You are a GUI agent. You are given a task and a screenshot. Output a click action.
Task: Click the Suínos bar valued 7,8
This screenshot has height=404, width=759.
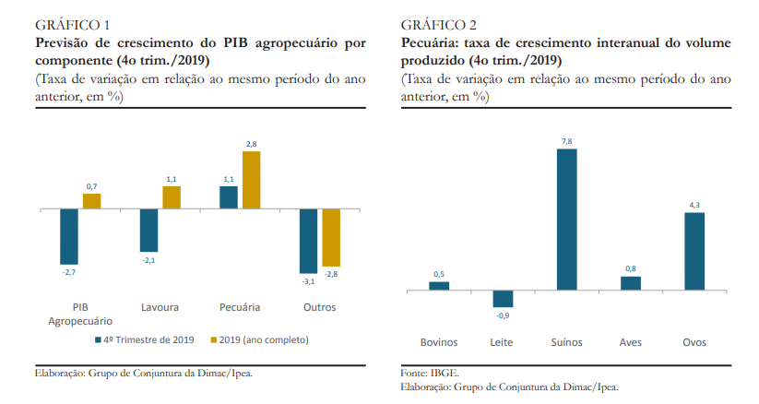tap(566, 220)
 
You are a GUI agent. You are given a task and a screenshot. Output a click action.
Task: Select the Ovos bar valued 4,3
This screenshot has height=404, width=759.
tap(694, 252)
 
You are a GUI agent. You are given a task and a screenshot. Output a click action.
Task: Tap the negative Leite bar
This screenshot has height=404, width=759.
tap(503, 299)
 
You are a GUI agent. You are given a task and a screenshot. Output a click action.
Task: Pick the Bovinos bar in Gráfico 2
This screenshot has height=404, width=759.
tap(439, 286)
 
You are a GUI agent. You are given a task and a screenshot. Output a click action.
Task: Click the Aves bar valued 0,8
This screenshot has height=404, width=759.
tap(630, 284)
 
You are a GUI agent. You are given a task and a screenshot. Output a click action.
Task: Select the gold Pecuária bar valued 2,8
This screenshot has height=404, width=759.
tap(251, 180)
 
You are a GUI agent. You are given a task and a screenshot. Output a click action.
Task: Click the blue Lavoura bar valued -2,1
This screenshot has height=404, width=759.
tap(148, 231)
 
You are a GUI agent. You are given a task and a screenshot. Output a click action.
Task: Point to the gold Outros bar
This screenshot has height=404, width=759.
tap(331, 238)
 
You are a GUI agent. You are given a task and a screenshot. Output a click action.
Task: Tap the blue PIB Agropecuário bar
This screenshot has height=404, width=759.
tap(69, 236)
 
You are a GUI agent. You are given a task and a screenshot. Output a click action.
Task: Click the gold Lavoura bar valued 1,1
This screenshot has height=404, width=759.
tap(172, 197)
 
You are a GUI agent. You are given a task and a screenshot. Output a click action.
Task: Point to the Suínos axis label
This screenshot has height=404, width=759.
tap(566, 342)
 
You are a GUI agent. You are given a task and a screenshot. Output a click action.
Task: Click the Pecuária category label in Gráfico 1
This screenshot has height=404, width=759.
tap(240, 307)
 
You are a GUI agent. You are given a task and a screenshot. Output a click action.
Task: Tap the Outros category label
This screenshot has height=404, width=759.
tap(319, 307)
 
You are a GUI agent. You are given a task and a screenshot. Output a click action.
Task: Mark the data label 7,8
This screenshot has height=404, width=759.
tap(566, 141)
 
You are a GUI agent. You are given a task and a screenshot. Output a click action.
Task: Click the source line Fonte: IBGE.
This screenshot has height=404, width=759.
tap(430, 373)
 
